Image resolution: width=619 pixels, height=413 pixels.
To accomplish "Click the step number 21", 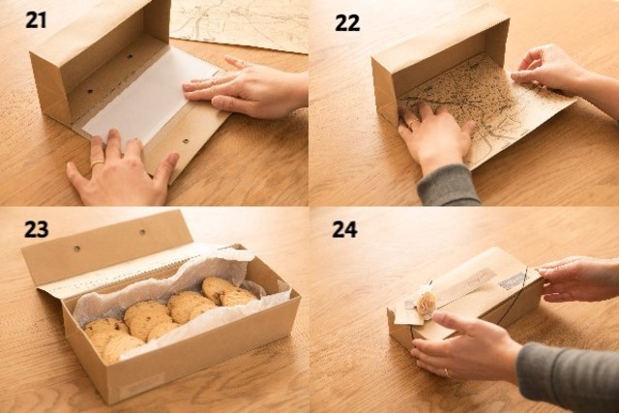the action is [36, 19].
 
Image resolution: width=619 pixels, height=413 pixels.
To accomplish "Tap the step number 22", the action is [347, 23].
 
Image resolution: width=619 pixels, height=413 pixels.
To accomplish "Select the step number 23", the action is [37, 229].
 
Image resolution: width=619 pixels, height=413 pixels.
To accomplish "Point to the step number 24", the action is [344, 229].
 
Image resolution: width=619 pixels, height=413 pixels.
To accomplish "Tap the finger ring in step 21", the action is [97, 163].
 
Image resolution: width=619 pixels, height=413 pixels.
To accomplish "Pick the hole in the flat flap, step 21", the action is [185, 140].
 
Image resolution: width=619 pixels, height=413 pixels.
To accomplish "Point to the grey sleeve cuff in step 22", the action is [448, 185].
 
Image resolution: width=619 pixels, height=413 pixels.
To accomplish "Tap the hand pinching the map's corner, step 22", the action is [552, 71].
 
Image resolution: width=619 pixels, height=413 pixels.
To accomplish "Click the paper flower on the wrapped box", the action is [427, 300].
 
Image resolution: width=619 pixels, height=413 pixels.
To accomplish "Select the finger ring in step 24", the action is [447, 372].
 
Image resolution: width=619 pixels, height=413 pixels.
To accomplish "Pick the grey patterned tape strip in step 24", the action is [513, 280].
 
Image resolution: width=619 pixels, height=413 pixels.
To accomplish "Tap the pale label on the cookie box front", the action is [141, 384].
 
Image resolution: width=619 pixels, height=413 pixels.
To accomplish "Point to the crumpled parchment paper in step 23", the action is [178, 284].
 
